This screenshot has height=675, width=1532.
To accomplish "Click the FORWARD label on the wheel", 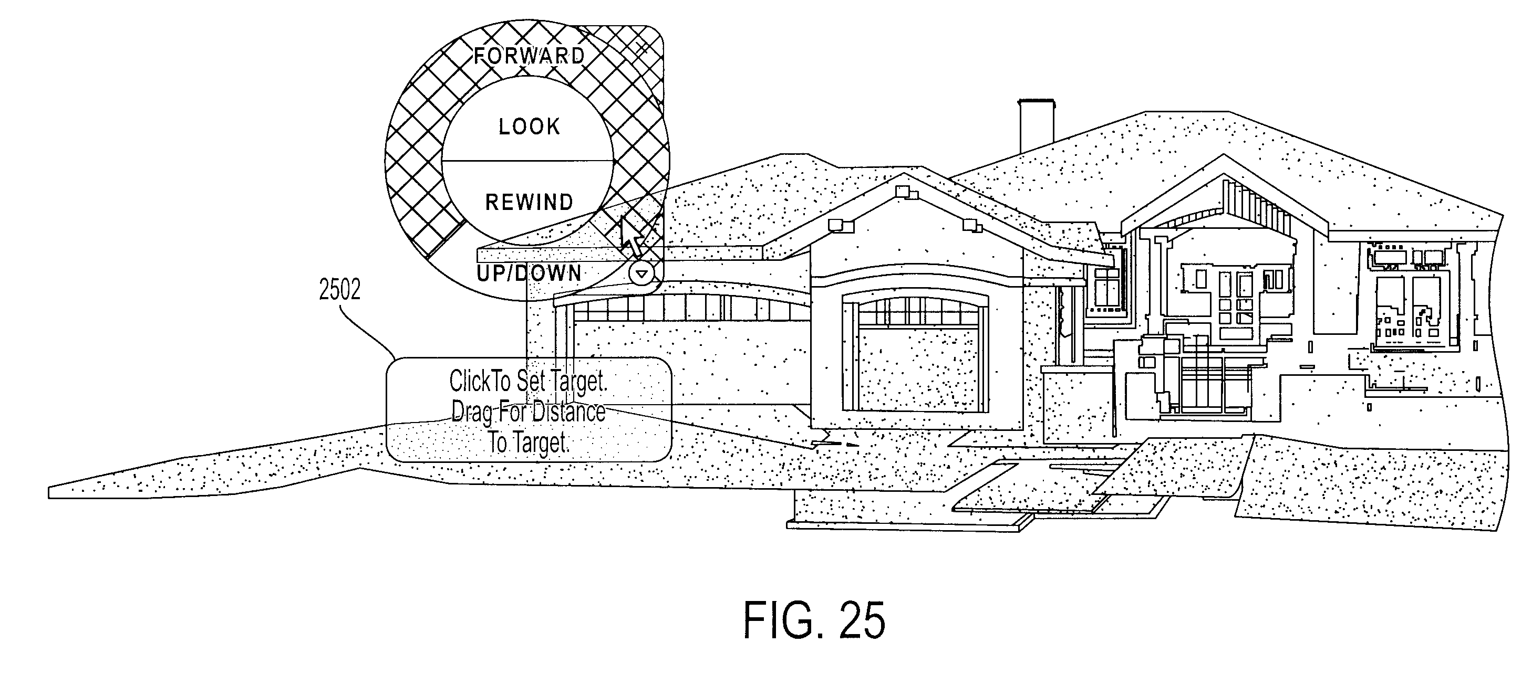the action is point(529,56).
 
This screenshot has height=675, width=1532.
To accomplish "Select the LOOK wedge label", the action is point(529,126).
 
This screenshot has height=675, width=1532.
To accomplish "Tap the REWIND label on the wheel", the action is point(529,203).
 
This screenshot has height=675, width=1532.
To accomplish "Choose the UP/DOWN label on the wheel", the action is point(529,273).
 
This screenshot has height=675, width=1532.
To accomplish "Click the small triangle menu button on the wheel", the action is point(641,275).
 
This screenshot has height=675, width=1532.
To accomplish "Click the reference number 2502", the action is point(339,289).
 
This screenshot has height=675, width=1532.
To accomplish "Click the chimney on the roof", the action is point(1037,126).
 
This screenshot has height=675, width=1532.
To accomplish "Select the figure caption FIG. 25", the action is point(814,620).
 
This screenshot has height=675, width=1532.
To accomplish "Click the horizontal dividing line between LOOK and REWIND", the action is point(527,161).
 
